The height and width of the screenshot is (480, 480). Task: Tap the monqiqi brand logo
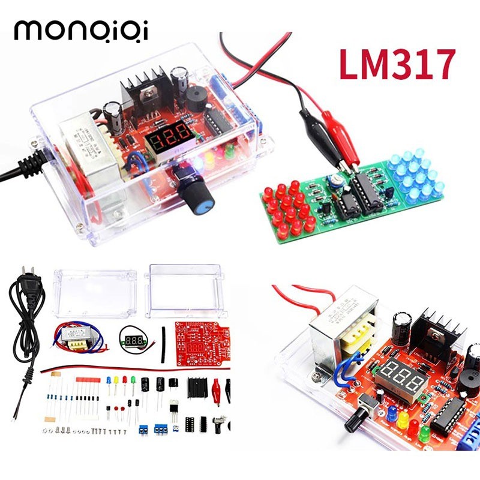pos(81,30)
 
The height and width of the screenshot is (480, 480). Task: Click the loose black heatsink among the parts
pos(197,388)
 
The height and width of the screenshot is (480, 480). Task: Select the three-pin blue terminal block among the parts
pos(161,430)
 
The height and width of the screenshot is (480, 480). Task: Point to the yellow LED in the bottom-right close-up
pos(403,417)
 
